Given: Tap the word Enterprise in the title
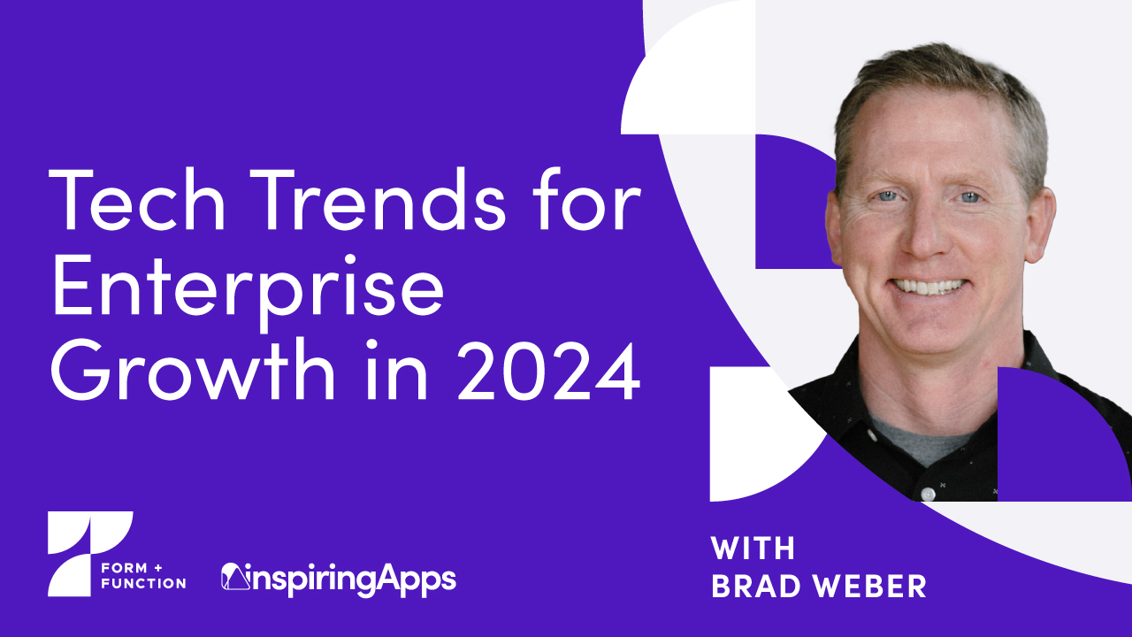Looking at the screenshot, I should click(248, 293).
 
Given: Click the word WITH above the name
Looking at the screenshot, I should click(753, 549).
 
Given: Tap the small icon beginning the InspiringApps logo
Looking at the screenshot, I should click(233, 576).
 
